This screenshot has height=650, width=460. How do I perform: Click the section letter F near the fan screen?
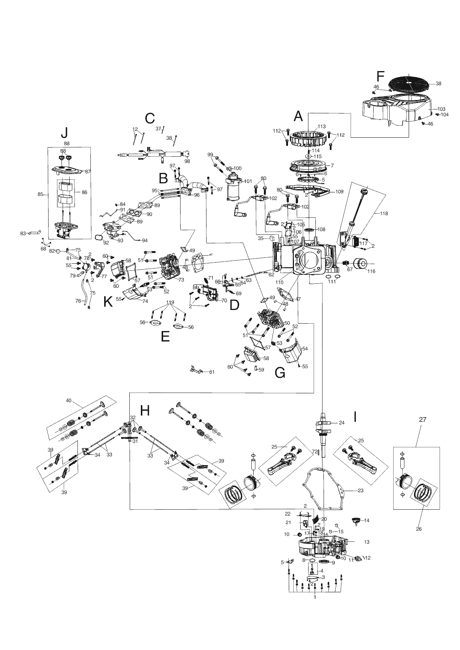coord(380,77)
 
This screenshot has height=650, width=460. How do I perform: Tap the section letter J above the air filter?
coord(64,133)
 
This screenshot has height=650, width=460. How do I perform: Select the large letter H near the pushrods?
coord(145,410)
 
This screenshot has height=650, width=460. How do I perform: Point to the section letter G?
coord(280,373)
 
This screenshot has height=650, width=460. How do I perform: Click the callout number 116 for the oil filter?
coord(371,271)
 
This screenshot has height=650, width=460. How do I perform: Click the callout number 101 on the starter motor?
coord(248,181)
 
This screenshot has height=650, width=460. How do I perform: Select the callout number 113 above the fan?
coord(321,126)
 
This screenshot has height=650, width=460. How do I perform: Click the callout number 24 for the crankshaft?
coord(341,422)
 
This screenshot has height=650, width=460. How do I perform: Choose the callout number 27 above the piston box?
coord(423,420)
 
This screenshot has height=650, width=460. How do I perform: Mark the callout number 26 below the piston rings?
coord(418,529)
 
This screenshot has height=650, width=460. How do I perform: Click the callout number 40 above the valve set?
coord(68,400)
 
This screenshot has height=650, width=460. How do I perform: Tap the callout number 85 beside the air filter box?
coord(40,194)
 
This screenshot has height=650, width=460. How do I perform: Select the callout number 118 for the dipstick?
coord(384,213)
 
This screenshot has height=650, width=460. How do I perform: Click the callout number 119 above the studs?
coord(170,302)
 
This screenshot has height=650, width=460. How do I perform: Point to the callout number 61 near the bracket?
coord(212,372)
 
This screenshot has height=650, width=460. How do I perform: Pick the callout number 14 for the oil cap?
coord(367,520)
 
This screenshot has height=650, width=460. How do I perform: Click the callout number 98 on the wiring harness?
coord(187,161)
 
